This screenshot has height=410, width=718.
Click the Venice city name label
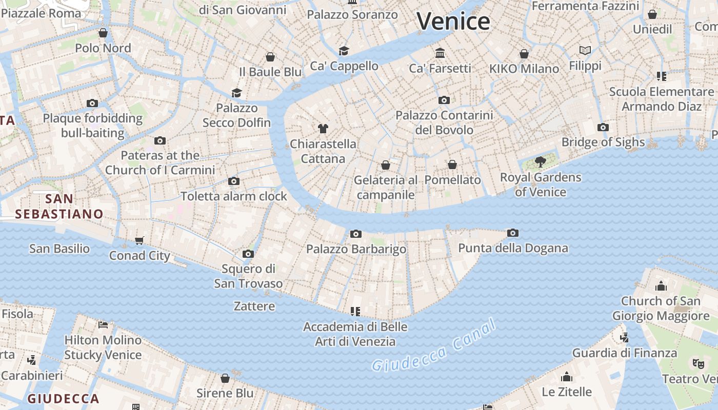click(453, 22)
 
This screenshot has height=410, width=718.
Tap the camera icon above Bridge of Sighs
click(603, 127)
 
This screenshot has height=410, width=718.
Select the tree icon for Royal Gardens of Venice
click(540, 162)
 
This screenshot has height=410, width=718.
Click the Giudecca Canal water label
click(434, 345)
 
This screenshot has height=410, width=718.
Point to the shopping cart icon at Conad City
click(139, 240)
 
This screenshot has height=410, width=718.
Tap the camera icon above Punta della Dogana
click(512, 233)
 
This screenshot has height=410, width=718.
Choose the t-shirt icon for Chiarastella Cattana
click(323, 128)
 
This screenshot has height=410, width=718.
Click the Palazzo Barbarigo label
click(356, 249)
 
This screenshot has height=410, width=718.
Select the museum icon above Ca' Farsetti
click(440, 53)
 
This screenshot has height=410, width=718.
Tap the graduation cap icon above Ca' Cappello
click(344, 51)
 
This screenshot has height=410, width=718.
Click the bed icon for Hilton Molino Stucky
click(103, 324)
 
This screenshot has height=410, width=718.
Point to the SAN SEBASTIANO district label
click(59, 206)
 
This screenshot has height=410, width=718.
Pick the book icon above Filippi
click(585, 50)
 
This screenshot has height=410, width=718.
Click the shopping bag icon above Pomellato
click(452, 165)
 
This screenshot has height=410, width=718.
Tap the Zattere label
click(254, 306)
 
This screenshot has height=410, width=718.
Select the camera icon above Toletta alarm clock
click(234, 181)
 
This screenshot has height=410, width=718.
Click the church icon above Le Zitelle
click(567, 377)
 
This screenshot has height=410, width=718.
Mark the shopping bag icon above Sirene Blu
click(225, 378)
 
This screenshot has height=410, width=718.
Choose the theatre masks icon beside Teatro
click(697, 363)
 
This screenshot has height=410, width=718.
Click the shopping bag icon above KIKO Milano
click(524, 53)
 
